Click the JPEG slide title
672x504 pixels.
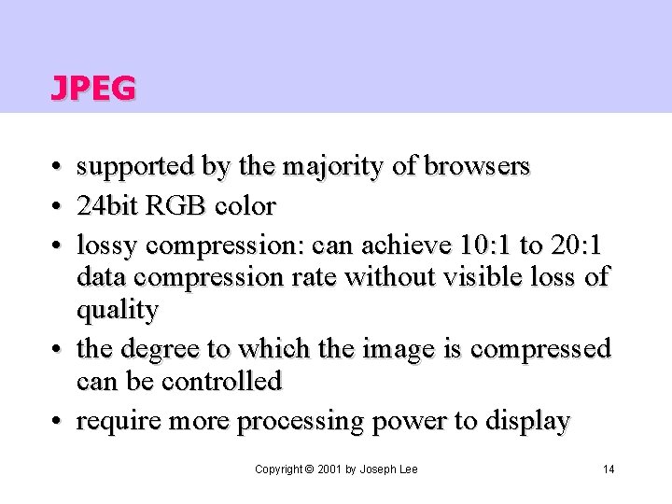(x=92, y=88)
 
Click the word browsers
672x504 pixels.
(x=477, y=167)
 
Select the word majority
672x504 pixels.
(x=331, y=167)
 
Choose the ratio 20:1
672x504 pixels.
(x=576, y=245)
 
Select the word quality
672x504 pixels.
(x=117, y=309)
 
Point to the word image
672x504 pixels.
(x=367, y=349)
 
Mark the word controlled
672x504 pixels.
(x=223, y=381)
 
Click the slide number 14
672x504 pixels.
(x=609, y=469)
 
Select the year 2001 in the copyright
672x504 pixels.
(x=329, y=469)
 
